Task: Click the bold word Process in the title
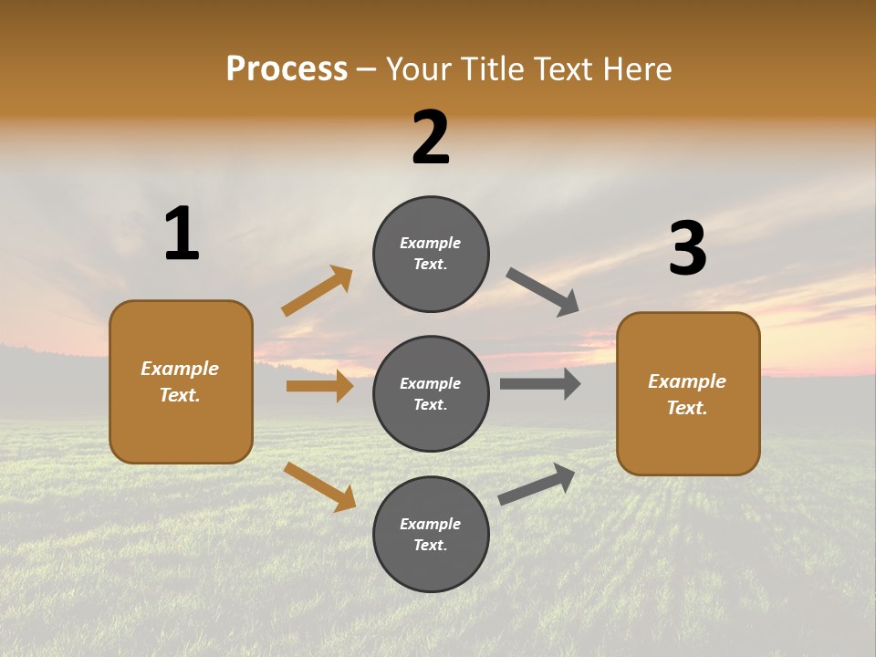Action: pos(287,69)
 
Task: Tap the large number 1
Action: pos(182,234)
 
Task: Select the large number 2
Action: pos(431,138)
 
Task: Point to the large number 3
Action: pos(687,249)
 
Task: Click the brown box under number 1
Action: pos(181,381)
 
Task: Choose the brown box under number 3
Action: pos(688,394)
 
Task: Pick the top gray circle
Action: pos(431,254)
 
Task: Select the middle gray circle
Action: pos(431,393)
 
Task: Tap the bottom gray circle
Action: pos(431,534)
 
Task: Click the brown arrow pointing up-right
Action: pos(317,291)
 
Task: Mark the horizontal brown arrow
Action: pos(319,386)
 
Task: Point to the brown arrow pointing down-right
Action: pos(319,486)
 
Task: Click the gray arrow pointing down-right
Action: pos(543,292)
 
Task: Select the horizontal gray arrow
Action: pos(539,383)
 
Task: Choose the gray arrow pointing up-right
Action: pos(537,484)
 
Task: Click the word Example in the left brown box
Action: pos(180,369)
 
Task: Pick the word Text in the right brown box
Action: pos(685,408)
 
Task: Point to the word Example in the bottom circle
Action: pos(431,524)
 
